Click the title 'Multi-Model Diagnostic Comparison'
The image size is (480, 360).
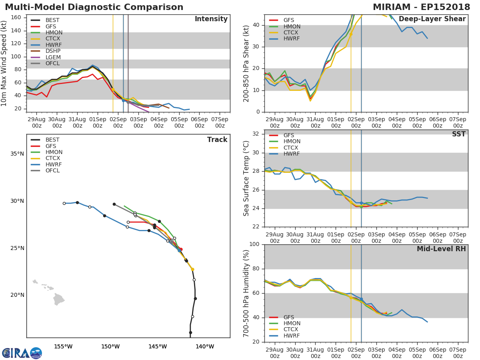tap(94, 7)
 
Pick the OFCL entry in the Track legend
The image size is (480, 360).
tap(52, 171)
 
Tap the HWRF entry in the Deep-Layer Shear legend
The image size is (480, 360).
tap(291, 39)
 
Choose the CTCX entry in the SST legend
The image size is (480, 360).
tap(292, 148)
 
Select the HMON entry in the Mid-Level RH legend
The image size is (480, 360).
tap(292, 324)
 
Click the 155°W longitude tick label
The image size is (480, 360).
tap(63, 347)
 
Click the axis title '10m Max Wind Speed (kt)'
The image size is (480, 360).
tap(4, 63)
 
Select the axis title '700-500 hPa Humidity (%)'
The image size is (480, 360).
tap(246, 293)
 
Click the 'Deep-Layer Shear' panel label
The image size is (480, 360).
tap(432, 19)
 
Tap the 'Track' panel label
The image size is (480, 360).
tap(217, 140)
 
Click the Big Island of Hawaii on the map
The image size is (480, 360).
tap(59, 299)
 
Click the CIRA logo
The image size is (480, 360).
tap(22, 353)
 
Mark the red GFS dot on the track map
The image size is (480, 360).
tap(181, 249)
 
